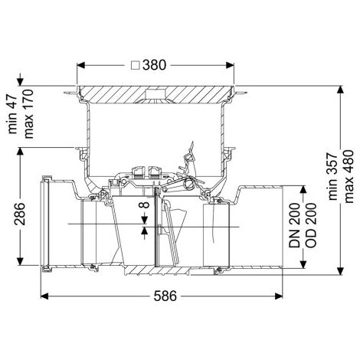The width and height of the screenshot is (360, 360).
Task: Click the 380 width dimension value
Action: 154,65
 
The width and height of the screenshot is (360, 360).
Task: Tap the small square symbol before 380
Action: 136,65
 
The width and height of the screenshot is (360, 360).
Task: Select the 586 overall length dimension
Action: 165,296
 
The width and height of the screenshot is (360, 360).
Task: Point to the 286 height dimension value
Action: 20,214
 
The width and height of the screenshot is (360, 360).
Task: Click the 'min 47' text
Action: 12,114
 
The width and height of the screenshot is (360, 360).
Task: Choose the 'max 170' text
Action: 28,114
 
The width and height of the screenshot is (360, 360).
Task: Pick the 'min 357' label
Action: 332,177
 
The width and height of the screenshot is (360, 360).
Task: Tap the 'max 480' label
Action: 349,177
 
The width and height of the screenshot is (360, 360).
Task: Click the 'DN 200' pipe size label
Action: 294,225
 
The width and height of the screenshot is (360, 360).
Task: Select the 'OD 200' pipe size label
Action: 311,225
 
